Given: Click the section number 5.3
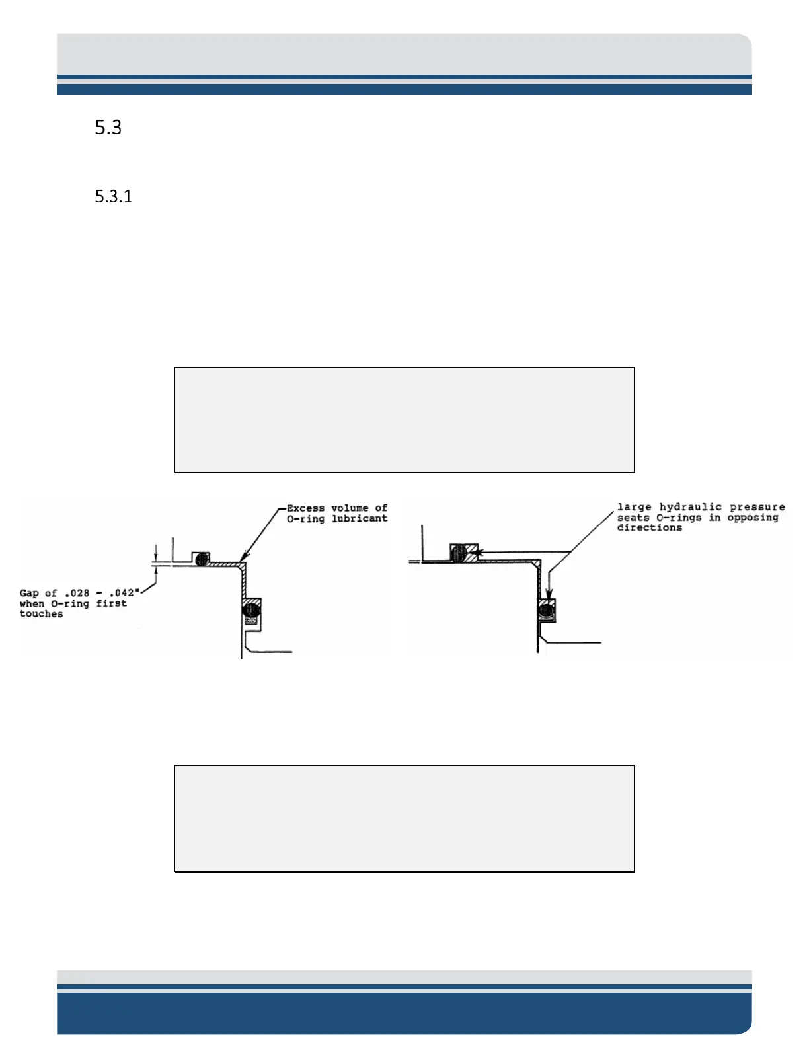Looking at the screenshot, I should [108, 127].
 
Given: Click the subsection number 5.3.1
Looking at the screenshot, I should [114, 196].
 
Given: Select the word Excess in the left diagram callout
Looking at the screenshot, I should [305, 508].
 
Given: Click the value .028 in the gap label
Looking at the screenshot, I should [77, 593].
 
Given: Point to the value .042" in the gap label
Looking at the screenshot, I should [124, 593].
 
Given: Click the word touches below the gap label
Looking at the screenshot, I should [41, 614].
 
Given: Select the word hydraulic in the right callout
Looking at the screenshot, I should [690, 507].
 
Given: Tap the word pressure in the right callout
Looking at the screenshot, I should [757, 507].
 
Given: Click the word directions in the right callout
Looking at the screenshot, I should [649, 528].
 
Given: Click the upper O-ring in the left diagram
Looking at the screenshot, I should [202, 559].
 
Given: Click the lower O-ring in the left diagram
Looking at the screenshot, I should [251, 609].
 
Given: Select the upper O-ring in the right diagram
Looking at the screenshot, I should [459, 553].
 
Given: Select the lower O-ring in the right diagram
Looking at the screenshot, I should [546, 610].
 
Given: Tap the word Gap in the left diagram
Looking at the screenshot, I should [29, 593].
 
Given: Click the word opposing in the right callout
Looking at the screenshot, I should [753, 518].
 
